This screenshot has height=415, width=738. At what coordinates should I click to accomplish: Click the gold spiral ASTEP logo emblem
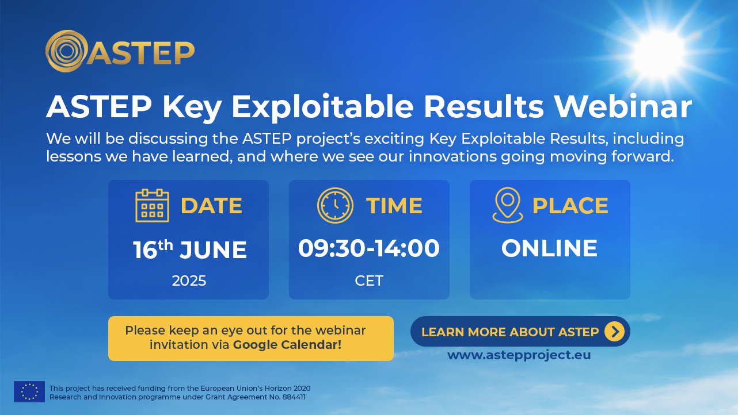click(66, 51)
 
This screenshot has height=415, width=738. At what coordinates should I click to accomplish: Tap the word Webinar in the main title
click(623, 106)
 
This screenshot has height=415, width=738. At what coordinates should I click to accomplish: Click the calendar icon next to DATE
click(152, 206)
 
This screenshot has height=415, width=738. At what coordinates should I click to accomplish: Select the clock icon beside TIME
click(335, 206)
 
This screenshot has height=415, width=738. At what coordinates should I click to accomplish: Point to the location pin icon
click(507, 205)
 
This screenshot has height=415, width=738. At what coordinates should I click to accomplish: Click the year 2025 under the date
click(189, 281)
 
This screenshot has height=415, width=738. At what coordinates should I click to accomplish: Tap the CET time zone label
click(369, 281)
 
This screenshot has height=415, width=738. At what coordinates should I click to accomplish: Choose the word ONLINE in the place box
click(549, 248)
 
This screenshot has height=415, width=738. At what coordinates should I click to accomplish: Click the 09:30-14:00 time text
click(369, 248)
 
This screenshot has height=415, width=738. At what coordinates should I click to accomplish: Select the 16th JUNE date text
click(190, 249)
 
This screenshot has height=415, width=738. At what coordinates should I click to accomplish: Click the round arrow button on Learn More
click(614, 332)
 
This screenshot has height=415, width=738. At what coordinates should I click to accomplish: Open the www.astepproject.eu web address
click(519, 355)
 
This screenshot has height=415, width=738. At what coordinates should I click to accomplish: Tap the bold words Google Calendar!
click(287, 345)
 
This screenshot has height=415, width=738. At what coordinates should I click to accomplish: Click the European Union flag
click(29, 391)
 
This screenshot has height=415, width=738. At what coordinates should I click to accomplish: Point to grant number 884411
click(294, 397)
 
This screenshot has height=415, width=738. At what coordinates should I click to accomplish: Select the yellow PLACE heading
click(570, 206)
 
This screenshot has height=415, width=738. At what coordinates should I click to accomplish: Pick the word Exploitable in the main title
click(322, 107)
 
